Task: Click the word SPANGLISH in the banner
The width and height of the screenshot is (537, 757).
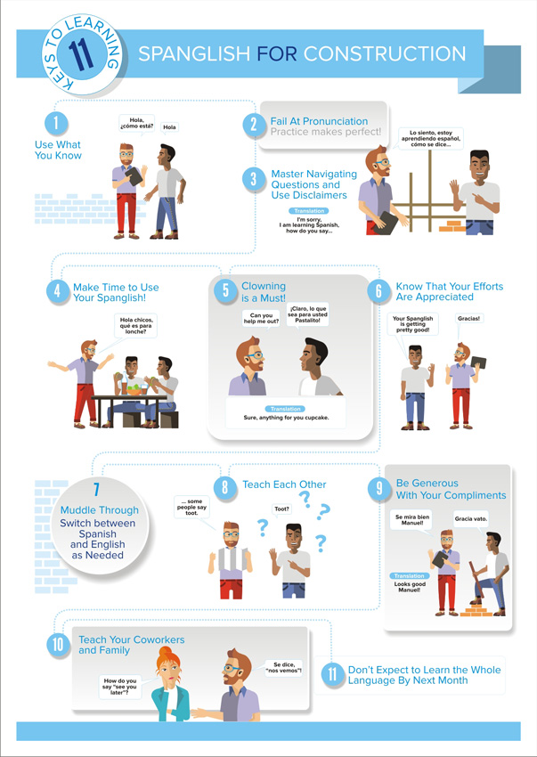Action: (194, 54)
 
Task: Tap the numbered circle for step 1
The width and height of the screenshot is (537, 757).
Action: (56, 124)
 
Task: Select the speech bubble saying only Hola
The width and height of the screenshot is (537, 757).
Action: (169, 127)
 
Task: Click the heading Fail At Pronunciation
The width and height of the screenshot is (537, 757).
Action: (319, 121)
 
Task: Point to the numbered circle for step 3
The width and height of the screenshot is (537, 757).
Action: (254, 180)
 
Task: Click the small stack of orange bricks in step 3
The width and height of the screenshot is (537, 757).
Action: (452, 226)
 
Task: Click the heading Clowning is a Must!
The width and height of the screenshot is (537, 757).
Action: (264, 292)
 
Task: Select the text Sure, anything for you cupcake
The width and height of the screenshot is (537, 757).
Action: (286, 418)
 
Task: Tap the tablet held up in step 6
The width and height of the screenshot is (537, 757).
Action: (478, 362)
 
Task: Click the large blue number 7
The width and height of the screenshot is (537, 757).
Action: (96, 490)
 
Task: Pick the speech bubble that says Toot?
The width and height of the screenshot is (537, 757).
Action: (281, 509)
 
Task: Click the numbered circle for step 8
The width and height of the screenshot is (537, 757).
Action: (225, 488)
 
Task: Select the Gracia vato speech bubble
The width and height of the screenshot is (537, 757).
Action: (471, 520)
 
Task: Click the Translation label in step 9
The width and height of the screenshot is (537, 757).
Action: (409, 576)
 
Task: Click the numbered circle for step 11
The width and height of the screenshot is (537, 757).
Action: (332, 674)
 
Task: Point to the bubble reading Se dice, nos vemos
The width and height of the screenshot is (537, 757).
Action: (284, 668)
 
